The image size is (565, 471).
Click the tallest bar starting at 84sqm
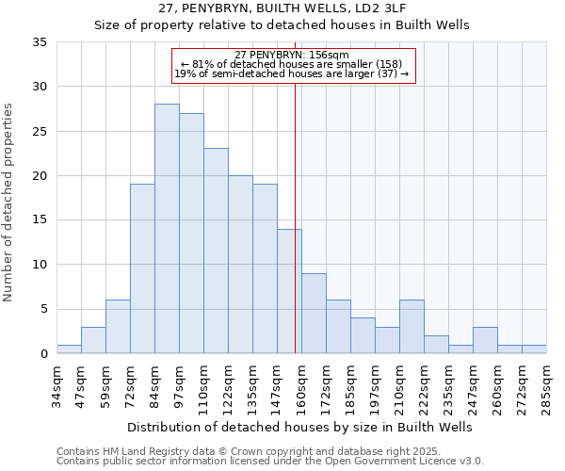(167, 229)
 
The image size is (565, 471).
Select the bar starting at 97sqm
(191, 234)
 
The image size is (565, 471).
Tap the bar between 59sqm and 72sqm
(118, 327)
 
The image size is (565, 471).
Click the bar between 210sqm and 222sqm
(412, 327)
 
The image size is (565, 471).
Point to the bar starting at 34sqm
(69, 349)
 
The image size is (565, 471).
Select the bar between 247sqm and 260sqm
(485, 340)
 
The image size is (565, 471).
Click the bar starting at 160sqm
(314, 314)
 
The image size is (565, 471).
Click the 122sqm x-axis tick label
(229, 384)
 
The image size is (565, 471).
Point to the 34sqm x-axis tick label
(57, 384)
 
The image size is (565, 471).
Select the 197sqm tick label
(376, 384)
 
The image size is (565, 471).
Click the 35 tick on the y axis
(40, 42)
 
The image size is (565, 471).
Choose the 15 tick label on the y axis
(40, 220)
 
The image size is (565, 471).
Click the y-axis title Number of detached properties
(8, 203)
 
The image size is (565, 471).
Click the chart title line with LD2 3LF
(282, 8)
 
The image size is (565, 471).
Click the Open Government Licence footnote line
(270, 462)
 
